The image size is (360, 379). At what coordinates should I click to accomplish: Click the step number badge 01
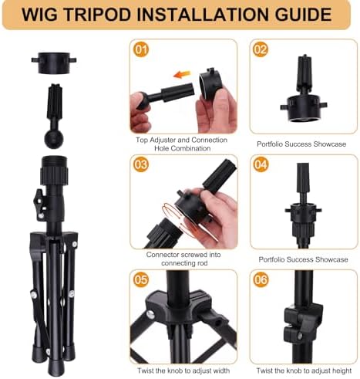click(141, 49)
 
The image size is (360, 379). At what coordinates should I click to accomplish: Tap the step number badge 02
click(261, 49)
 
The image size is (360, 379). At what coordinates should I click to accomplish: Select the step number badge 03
click(141, 164)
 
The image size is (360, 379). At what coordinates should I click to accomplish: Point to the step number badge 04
click(261, 164)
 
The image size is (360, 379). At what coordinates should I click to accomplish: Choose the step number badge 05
click(141, 279)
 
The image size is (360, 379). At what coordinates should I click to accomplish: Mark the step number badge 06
click(261, 279)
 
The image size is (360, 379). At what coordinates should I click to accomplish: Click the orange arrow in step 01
click(182, 75)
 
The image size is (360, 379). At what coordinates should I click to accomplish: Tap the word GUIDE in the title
click(303, 15)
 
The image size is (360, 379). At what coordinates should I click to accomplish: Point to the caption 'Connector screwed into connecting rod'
click(183, 259)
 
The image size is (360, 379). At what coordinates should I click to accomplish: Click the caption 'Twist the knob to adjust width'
click(183, 371)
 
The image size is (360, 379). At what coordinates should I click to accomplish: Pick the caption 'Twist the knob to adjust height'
click(304, 371)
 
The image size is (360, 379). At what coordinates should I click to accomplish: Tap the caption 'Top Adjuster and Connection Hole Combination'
click(182, 144)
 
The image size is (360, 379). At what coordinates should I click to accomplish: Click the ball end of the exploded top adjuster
click(54, 139)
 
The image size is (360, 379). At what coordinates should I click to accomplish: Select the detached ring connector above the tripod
click(54, 63)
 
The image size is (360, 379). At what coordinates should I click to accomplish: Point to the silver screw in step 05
click(150, 314)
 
